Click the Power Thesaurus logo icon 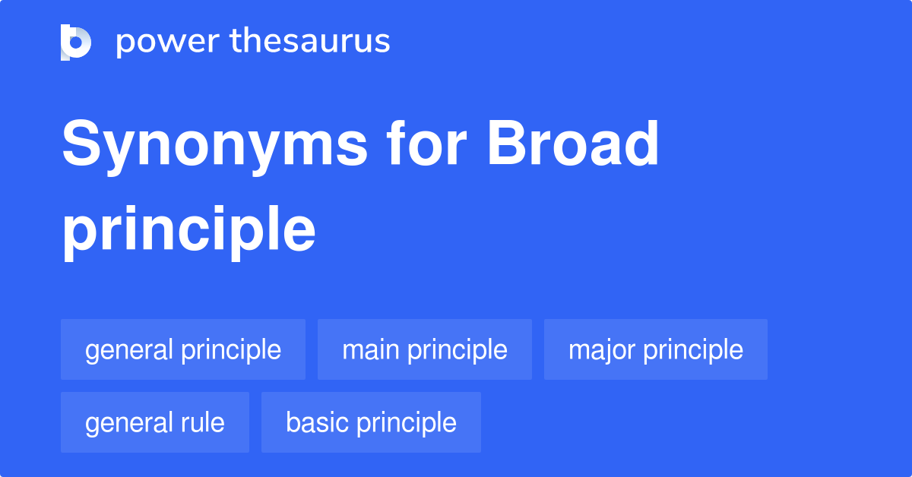pyautogui.click(x=75, y=42)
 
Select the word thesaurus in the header pyautogui.click(x=310, y=42)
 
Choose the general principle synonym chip pyautogui.click(x=183, y=350)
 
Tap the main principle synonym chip pyautogui.click(x=425, y=350)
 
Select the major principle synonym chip pyautogui.click(x=656, y=350)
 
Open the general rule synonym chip pyautogui.click(x=155, y=423)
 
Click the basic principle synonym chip pyautogui.click(x=371, y=423)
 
